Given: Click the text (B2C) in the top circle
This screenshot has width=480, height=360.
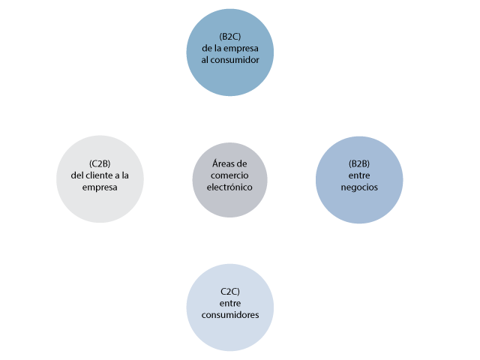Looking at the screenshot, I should click(229, 37).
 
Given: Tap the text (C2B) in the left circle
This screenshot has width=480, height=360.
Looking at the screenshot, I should click(100, 163).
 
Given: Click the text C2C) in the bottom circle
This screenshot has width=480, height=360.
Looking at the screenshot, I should click(229, 291).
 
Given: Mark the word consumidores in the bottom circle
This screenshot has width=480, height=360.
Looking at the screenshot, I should click(229, 315).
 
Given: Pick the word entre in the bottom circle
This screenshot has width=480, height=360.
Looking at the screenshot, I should click(229, 303).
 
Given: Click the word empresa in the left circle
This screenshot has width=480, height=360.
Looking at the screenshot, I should click(100, 187).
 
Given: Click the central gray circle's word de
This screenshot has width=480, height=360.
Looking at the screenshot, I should click(241, 163).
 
